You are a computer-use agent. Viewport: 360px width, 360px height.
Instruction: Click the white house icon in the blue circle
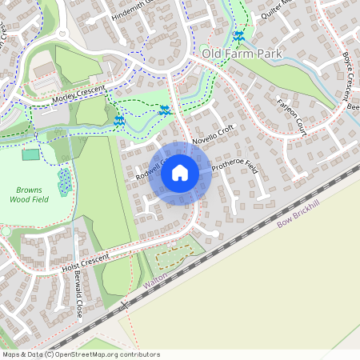[x=180, y=172]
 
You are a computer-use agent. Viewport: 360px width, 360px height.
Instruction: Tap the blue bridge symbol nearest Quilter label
[x=238, y=36]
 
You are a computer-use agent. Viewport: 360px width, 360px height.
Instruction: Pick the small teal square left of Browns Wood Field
[x=30, y=154]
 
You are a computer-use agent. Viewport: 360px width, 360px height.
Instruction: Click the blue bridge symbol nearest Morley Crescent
[x=119, y=120]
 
